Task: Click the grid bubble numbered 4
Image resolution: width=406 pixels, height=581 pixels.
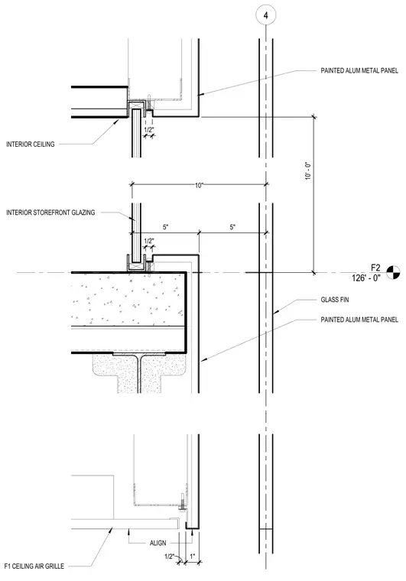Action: pos(265,15)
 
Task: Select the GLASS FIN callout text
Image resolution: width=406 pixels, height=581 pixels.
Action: pos(334,300)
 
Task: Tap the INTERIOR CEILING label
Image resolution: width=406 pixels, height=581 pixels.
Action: pos(31,144)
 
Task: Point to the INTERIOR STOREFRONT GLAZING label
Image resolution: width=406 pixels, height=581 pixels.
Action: pos(50,213)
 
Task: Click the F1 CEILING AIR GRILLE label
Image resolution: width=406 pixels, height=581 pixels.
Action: pos(34,566)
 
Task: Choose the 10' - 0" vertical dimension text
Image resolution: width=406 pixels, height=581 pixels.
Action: pos(308,170)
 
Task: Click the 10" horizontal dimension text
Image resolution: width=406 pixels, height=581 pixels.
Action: pos(200,185)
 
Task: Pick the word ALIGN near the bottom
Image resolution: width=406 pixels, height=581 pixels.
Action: pos(158,543)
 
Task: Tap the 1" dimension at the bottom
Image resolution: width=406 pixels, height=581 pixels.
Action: pos(192,557)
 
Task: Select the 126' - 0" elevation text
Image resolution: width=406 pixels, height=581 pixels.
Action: pos(366,278)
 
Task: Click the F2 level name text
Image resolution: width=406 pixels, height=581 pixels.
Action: pos(375,268)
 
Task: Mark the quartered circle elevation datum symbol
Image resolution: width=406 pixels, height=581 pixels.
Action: pos(394,272)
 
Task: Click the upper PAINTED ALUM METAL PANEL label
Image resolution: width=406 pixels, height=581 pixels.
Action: pos(359,70)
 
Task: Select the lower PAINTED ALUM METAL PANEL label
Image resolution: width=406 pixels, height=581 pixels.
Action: pos(359,320)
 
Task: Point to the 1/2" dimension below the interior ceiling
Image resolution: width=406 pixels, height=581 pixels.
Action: pos(148,130)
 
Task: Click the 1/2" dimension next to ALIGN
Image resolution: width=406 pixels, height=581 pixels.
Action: pos(169,557)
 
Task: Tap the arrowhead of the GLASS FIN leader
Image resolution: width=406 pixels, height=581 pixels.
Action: pos(275,313)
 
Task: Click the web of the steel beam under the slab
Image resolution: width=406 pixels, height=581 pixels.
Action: pos(140,375)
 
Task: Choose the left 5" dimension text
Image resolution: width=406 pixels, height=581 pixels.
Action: pos(166,227)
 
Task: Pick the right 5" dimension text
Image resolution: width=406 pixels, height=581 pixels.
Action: pos(232,227)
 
